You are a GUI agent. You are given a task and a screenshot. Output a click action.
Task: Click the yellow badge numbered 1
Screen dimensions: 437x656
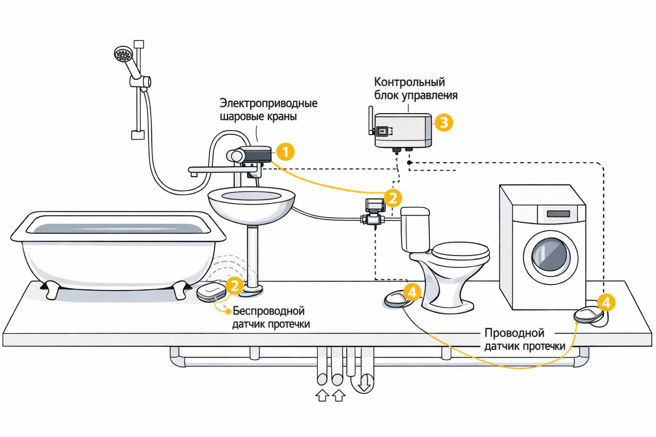click(x=285, y=152)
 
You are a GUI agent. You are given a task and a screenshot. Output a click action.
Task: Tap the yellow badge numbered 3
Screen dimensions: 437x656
click(x=444, y=122)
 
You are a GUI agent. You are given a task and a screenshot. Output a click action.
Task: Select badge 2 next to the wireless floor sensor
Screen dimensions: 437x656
click(x=234, y=286)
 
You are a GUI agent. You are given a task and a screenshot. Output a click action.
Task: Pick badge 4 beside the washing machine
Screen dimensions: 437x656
click(x=606, y=303)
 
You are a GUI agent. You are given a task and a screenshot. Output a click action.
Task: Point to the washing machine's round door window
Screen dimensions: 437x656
click(x=551, y=255)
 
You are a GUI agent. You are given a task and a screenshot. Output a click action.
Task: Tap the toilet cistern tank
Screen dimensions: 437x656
click(x=415, y=229)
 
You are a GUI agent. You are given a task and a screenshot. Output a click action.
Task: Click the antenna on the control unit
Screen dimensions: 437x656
click(x=371, y=120)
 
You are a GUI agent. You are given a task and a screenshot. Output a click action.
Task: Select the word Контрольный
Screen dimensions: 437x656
click(x=403, y=82)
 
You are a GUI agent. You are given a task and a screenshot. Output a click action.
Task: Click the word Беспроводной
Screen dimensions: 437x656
click(x=268, y=311)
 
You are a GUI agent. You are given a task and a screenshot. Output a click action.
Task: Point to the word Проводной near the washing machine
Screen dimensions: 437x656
click(x=514, y=333)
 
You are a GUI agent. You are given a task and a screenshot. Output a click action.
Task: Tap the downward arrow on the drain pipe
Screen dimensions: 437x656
click(x=364, y=383)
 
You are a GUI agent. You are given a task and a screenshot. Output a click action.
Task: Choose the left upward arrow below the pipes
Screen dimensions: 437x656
click(x=322, y=395)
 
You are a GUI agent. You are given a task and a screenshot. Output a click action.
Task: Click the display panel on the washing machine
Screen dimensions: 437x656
click(x=558, y=213)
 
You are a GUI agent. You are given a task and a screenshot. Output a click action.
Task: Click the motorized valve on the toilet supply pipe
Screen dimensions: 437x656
click(x=373, y=212)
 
